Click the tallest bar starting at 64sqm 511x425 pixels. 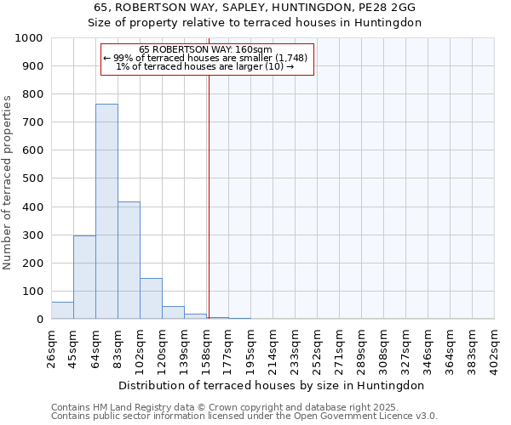tap(106, 212)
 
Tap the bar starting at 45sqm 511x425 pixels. tap(84, 277)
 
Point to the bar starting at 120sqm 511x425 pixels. tap(173, 312)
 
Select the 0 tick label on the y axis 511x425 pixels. tap(40, 320)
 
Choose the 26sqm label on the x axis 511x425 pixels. tap(52, 347)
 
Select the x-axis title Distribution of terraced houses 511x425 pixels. tap(272, 385)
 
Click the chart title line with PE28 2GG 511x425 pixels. tap(255, 8)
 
